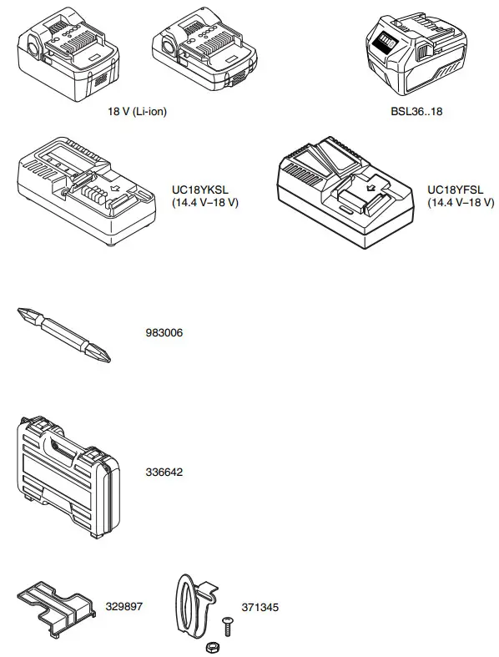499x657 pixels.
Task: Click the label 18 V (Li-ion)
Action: point(138,111)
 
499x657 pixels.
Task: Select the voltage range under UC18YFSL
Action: point(460,203)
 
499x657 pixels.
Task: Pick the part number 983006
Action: point(164,332)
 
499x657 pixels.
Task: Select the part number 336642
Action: point(164,472)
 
